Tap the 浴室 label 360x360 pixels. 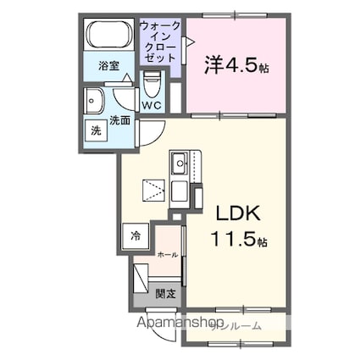click(108, 65)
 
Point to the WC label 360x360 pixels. click(152, 105)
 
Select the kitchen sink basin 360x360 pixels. click(181, 163)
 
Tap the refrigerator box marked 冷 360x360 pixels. click(136, 237)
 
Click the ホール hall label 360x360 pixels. click(168, 253)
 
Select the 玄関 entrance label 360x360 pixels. click(165, 293)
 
